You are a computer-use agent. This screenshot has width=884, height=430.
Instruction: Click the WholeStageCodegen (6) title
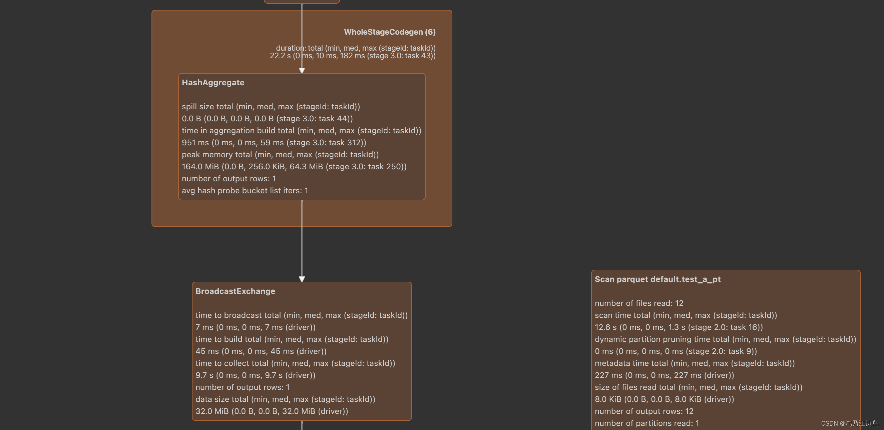(390, 32)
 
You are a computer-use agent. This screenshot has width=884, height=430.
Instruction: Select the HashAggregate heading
(213, 83)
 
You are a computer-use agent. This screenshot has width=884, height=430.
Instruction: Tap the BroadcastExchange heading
(236, 291)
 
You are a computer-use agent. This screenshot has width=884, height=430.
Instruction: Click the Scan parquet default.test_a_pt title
(657, 279)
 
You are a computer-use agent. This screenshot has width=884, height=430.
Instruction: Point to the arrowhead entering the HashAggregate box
(302, 70)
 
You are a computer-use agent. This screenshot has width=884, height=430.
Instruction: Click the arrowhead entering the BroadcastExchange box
(302, 279)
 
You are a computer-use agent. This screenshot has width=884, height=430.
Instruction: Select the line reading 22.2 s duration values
(353, 56)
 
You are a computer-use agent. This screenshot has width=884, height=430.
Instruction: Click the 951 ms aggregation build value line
(274, 143)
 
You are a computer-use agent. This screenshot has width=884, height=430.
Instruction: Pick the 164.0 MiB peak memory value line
(294, 167)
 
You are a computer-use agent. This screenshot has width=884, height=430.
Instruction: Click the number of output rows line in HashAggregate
(229, 179)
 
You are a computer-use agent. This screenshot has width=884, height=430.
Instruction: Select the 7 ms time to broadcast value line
(255, 327)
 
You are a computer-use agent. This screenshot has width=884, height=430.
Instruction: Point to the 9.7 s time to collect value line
(255, 375)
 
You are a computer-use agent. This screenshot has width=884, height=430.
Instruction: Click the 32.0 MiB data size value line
(272, 411)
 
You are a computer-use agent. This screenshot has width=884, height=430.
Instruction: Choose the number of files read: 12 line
(639, 303)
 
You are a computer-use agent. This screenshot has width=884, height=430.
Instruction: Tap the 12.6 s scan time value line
(679, 327)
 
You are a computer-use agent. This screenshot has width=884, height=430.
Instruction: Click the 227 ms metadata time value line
(665, 375)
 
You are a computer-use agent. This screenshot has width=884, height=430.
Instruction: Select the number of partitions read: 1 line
(646, 423)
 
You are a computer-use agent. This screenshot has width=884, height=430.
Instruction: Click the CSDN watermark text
(849, 423)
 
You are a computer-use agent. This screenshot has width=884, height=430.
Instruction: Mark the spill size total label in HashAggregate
(271, 107)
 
